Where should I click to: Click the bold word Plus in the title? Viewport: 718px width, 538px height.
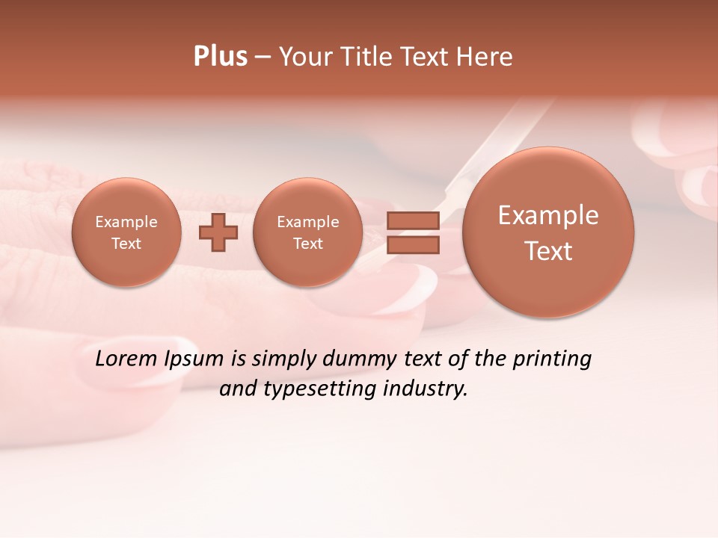click(220, 57)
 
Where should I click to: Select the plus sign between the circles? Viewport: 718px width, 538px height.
click(218, 232)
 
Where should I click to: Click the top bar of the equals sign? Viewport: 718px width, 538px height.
click(412, 220)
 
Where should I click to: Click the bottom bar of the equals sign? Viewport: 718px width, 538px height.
click(412, 244)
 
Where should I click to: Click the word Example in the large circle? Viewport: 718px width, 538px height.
click(548, 215)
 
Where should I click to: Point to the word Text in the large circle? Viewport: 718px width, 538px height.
click(548, 251)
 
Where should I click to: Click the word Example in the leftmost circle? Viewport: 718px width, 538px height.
click(126, 222)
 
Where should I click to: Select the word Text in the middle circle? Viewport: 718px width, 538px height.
click(308, 244)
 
